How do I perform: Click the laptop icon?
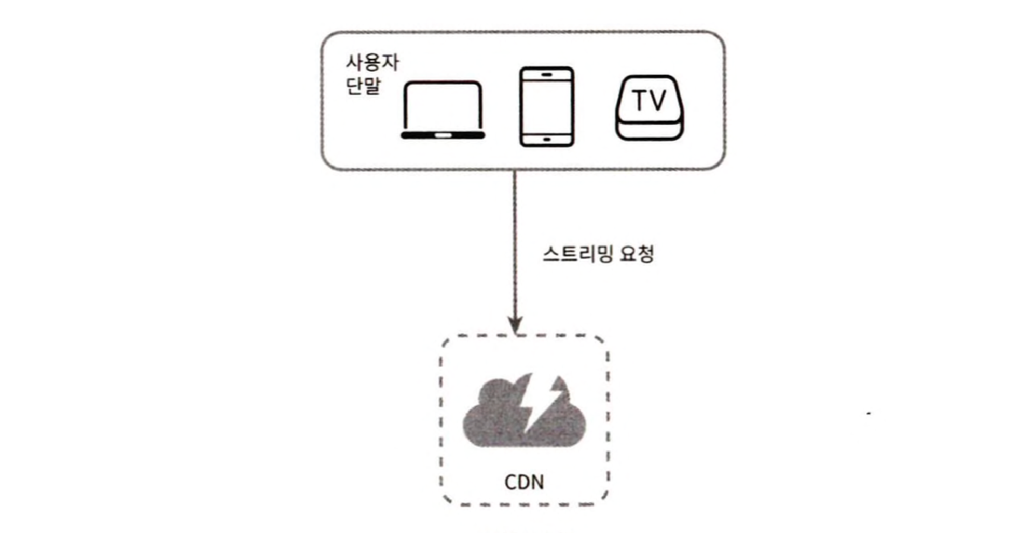(x=443, y=110)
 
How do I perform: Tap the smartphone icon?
(x=546, y=107)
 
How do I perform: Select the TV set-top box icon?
(x=650, y=108)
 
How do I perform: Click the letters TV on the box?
(x=650, y=100)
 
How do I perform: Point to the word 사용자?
(x=372, y=62)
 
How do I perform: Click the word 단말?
(x=363, y=86)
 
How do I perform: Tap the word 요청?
(x=637, y=254)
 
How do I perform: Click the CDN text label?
(x=524, y=482)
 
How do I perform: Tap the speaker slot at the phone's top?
(x=546, y=75)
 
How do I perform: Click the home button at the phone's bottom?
(x=546, y=139)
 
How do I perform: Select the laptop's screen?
(x=443, y=106)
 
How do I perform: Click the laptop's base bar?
(x=443, y=135)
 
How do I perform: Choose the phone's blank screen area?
(x=546, y=107)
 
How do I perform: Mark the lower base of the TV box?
(x=650, y=130)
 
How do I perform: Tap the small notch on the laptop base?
(x=443, y=135)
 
